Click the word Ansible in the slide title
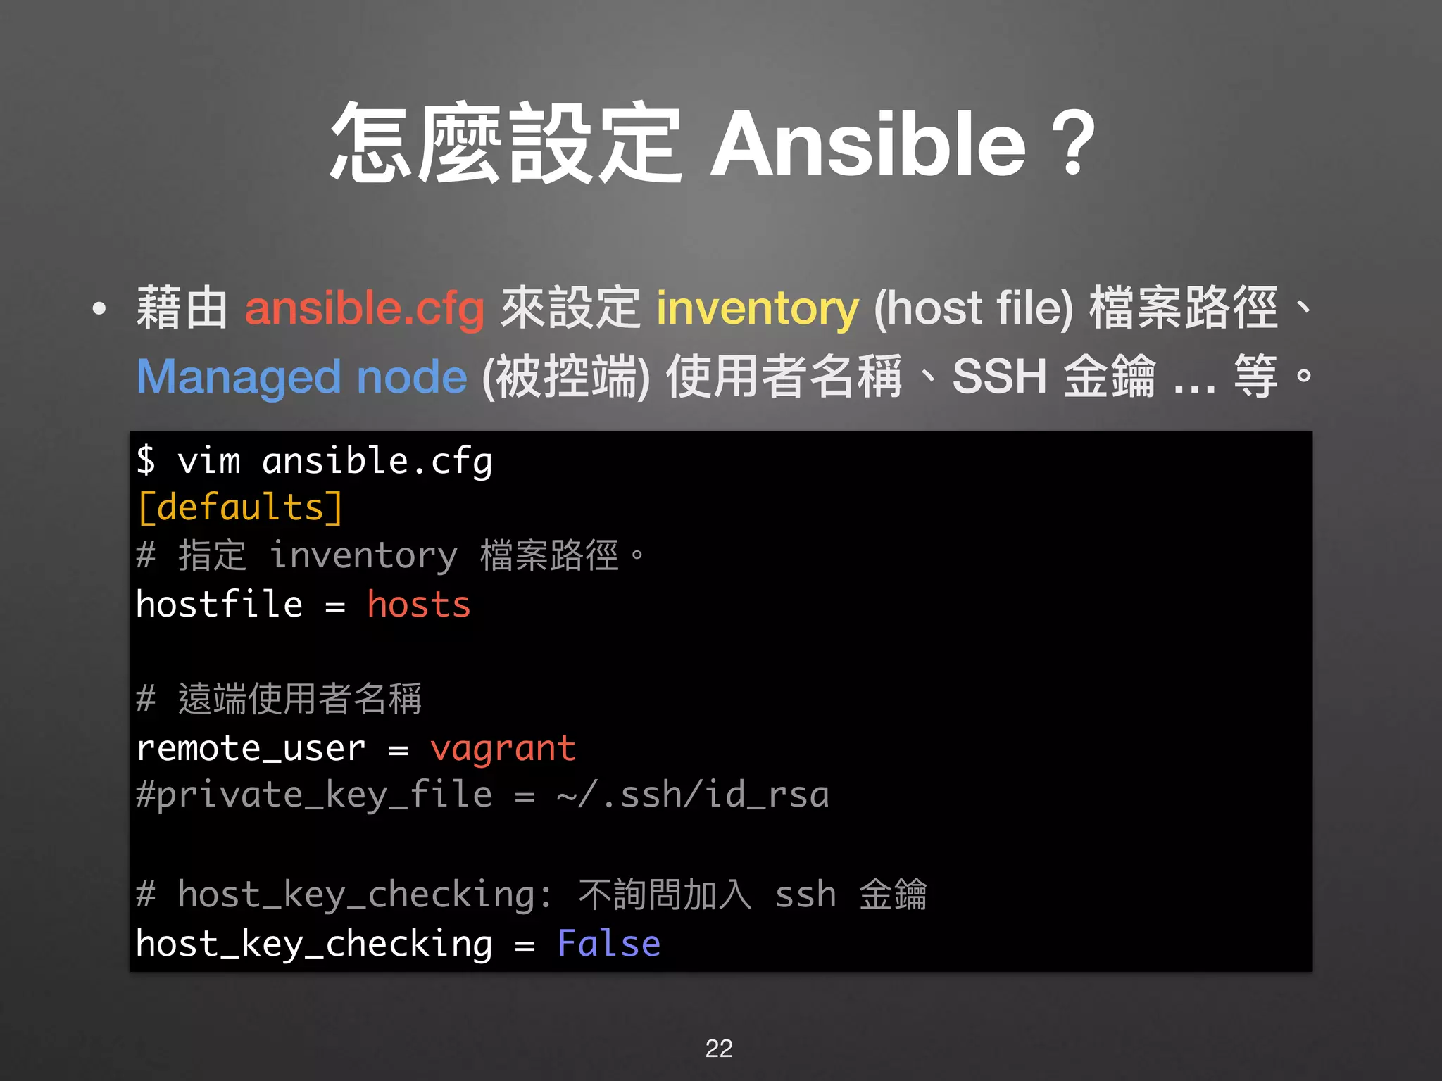click(x=867, y=145)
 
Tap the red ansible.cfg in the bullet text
click(x=364, y=308)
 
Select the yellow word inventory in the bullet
click(x=757, y=308)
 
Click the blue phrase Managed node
click(x=301, y=377)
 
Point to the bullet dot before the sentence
click(x=99, y=308)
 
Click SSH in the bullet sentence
click(x=999, y=377)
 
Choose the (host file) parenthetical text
click(x=973, y=308)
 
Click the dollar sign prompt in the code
click(x=146, y=460)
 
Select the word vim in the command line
click(x=209, y=462)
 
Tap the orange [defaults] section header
click(x=240, y=508)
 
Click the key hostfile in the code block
click(x=219, y=605)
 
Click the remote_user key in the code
click(x=251, y=748)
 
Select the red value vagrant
click(x=503, y=749)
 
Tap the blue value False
click(x=608, y=944)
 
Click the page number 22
click(x=719, y=1048)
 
